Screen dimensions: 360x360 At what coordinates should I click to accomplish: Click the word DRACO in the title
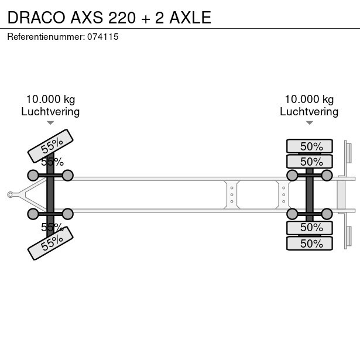36,18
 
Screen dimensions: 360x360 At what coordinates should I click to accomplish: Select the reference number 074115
103,37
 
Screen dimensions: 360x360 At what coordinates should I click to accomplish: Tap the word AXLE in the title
190,18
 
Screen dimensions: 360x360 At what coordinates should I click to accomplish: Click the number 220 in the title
122,18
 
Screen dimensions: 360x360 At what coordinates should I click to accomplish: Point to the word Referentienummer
46,37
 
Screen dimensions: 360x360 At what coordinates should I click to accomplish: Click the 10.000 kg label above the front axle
50,100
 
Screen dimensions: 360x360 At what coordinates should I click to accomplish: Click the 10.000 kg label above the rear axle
309,100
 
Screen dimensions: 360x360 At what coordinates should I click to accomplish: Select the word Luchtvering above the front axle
50,112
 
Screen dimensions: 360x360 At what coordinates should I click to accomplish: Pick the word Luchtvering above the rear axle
309,112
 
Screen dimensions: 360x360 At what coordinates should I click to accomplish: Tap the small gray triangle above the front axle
50,123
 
